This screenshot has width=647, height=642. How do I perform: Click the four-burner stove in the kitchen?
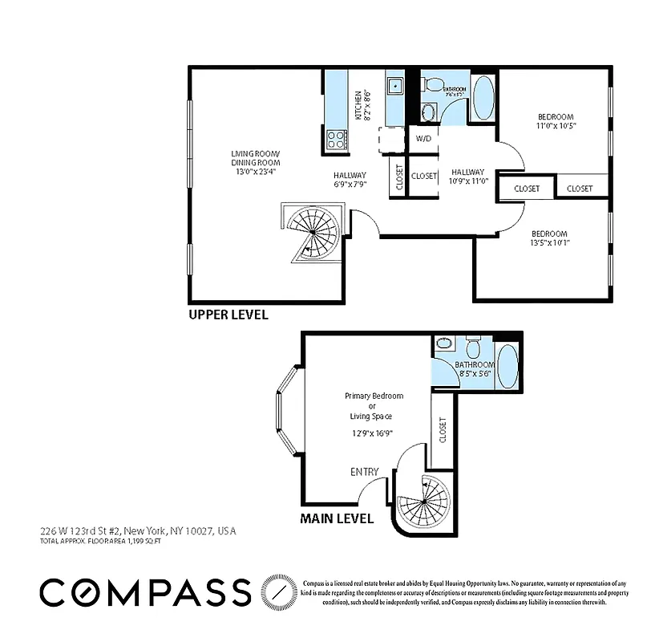337,140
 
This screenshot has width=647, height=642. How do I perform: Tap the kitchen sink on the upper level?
396,86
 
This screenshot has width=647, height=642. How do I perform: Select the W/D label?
424,138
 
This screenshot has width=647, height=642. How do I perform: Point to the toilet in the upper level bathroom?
433,84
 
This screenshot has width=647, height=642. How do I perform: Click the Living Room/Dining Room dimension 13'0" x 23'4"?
255,172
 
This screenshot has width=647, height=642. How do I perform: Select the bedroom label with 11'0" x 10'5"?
556,121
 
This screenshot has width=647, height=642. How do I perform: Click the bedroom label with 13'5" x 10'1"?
549,238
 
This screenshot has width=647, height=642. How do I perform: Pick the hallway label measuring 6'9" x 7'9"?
350,180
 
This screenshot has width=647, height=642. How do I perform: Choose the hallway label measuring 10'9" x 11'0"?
468,177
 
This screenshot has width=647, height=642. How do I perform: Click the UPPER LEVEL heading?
228,315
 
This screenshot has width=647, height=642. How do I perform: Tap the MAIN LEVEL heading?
337,518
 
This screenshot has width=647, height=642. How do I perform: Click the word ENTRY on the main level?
364,472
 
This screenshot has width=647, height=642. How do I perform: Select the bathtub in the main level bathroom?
507,367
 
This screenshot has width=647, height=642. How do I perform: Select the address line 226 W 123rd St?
138,531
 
